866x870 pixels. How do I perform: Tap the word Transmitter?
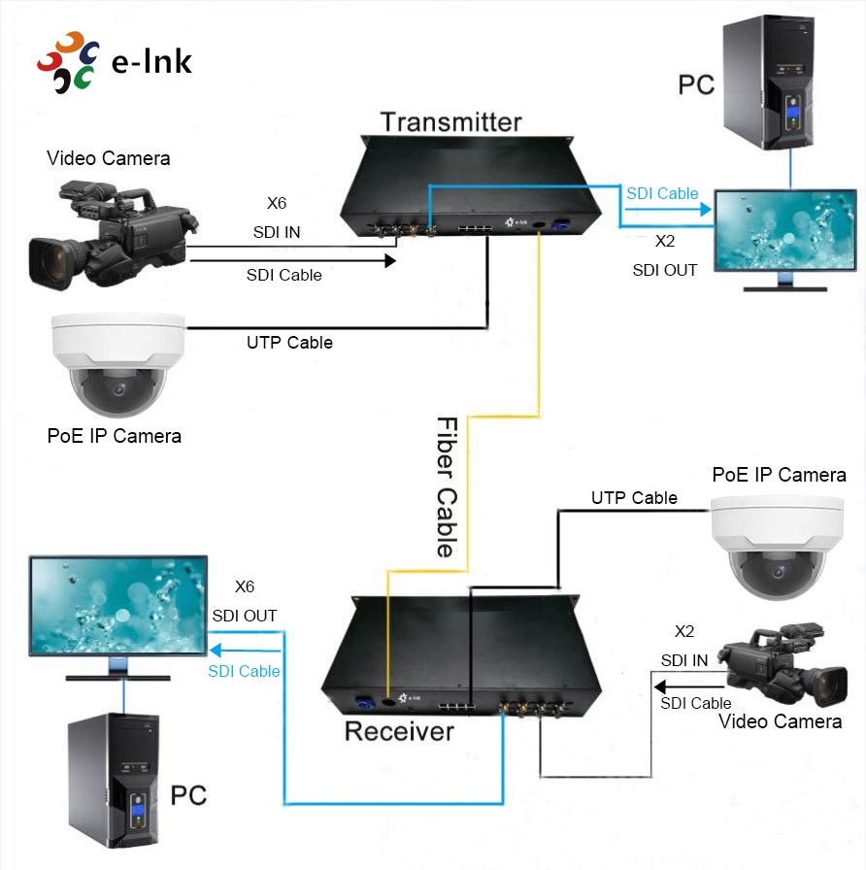point(450,121)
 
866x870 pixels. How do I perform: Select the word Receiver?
point(399,730)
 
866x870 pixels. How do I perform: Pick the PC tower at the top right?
point(767,83)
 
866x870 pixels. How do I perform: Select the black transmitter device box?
point(466,189)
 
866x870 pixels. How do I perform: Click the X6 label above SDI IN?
point(277,204)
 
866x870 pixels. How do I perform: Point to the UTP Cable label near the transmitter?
point(289,343)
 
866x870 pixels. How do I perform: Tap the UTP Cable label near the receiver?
point(634,498)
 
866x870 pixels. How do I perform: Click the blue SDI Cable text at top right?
point(662,193)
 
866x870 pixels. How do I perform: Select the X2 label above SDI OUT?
point(665,241)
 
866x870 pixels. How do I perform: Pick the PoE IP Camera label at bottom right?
point(779,475)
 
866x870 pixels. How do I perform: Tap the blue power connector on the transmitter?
point(560,226)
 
